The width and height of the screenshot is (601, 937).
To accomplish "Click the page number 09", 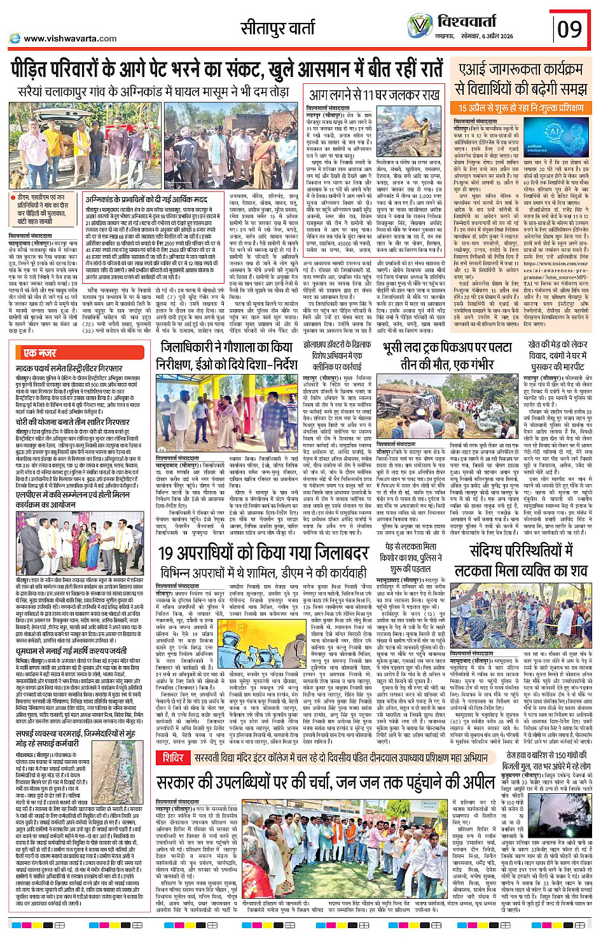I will (x=569, y=28).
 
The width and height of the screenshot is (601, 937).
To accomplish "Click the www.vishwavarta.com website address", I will (x=70, y=38).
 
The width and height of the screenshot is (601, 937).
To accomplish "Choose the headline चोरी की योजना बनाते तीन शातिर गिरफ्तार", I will (x=73, y=421).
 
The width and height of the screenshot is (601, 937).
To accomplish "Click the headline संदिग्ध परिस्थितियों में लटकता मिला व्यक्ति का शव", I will (x=521, y=560).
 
